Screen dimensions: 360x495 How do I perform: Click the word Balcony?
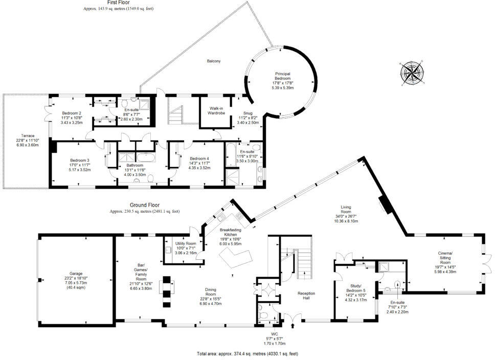click(214, 61)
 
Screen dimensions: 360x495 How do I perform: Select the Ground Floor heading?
click(145, 205)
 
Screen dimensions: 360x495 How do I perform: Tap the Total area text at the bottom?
click(247, 354)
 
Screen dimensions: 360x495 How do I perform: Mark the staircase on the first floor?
click(177, 111)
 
